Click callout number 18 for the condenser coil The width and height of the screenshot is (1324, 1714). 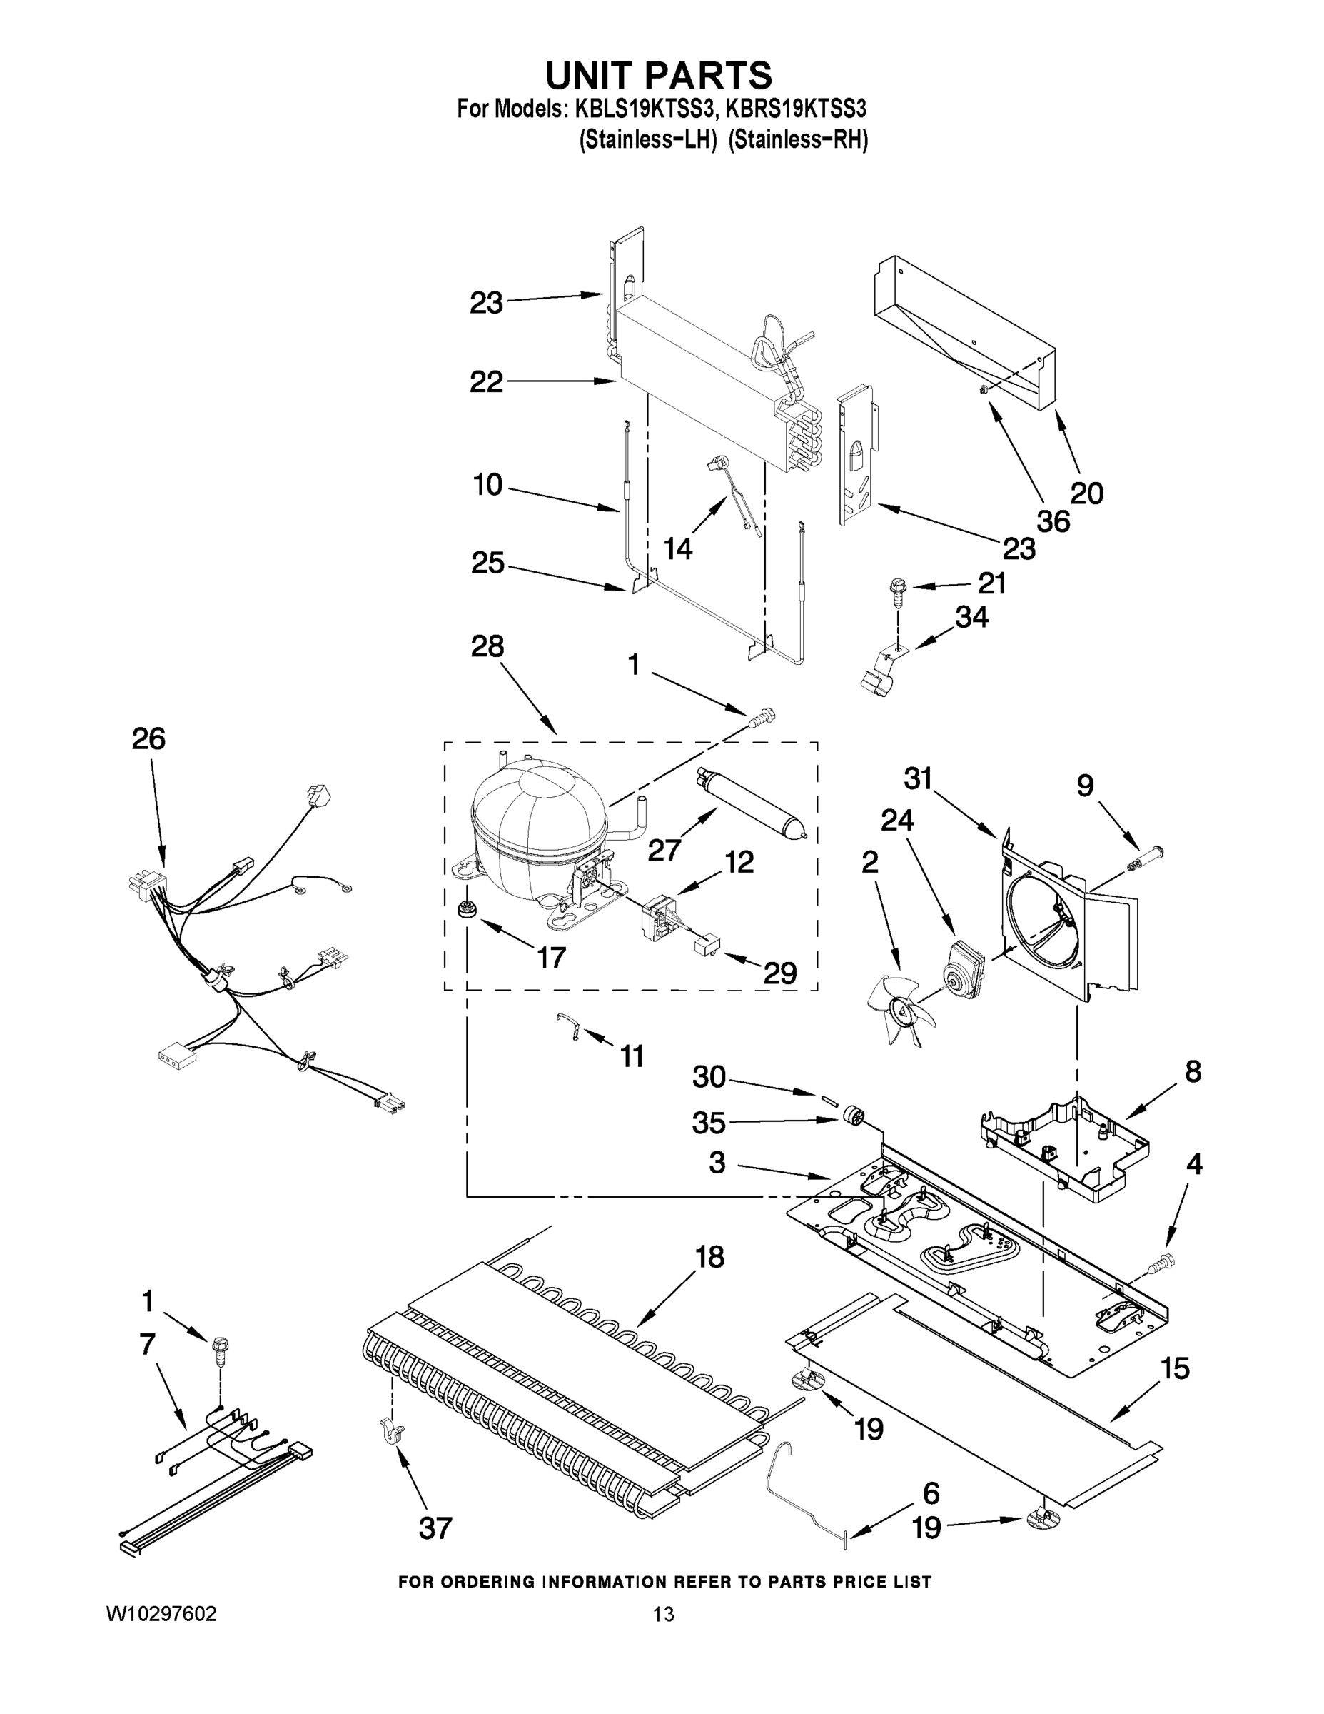coord(709,1256)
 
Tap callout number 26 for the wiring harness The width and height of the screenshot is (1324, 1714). coord(148,738)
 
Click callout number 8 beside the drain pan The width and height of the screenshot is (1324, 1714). coord(1192,1071)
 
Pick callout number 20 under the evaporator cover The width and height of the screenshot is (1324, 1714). coord(1086,492)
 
